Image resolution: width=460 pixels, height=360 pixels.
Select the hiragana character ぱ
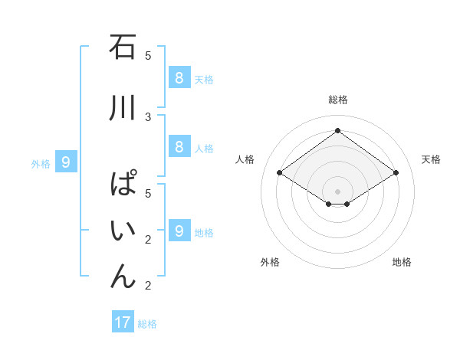123,185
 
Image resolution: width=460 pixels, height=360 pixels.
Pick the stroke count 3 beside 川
148,117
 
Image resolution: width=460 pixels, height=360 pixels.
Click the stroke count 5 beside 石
148,55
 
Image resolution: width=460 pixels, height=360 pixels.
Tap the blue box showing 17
123,322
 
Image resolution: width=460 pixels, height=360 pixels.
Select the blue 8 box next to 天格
179,77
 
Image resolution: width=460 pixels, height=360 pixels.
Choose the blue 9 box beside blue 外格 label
66,162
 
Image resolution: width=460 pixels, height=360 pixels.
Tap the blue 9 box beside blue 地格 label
179,231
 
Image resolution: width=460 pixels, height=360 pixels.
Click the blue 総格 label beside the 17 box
147,324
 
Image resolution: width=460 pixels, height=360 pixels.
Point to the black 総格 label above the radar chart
337,100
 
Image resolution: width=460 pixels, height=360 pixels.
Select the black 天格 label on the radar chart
431,159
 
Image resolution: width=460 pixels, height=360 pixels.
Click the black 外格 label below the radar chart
270,262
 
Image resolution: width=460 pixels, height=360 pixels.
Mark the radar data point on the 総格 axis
337,131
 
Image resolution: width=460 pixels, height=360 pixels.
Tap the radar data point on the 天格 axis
396,173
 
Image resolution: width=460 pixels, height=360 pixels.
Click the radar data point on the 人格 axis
280,173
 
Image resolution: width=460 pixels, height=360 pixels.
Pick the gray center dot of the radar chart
337,191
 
